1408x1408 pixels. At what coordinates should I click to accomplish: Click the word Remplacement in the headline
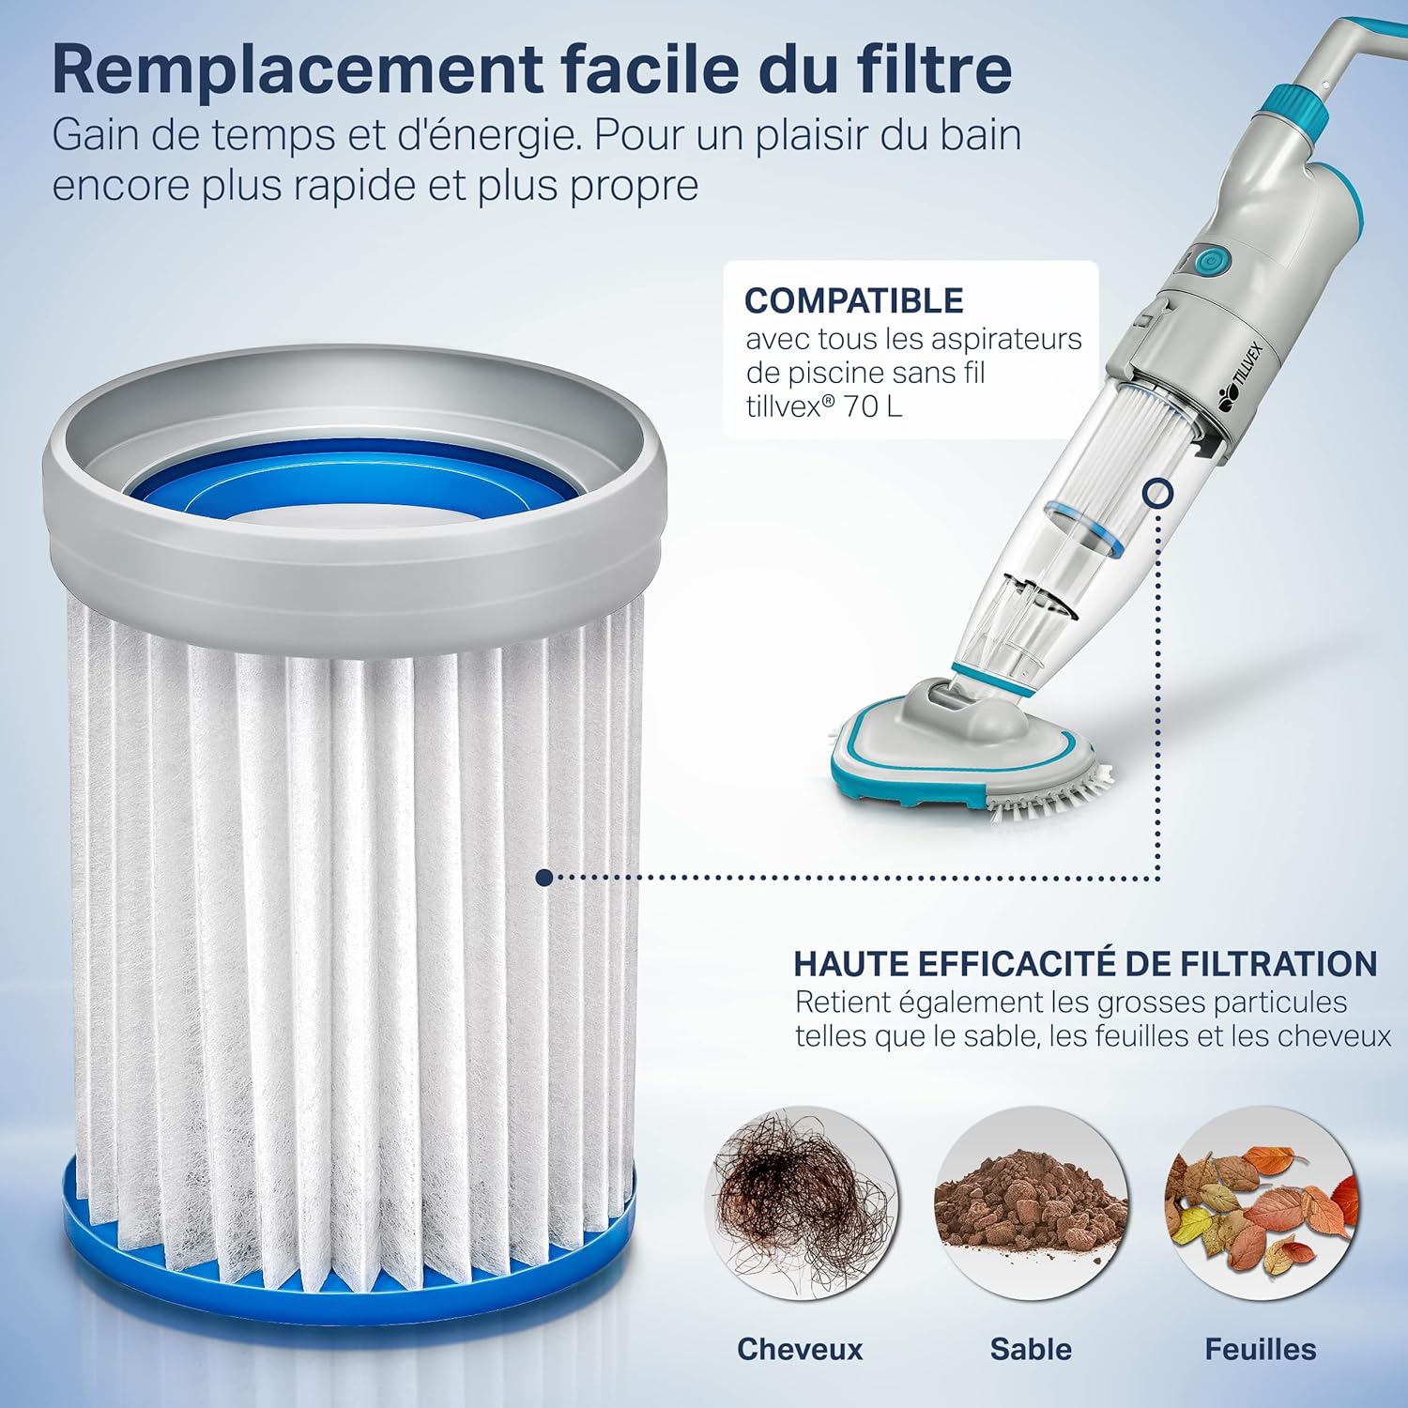[x=297, y=69]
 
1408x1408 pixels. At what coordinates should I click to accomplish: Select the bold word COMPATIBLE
[x=853, y=300]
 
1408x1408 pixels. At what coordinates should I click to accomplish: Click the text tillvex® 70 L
[x=823, y=406]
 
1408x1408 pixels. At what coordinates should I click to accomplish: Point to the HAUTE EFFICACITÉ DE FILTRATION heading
[x=1085, y=964]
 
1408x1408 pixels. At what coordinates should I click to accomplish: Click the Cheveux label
[x=799, y=1349]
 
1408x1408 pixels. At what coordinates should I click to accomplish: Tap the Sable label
[x=1031, y=1349]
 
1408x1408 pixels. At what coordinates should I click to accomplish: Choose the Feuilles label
[x=1260, y=1349]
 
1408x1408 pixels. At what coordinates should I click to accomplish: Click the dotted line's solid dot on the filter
[x=543, y=878]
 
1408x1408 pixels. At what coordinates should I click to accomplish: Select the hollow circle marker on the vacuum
[x=1158, y=492]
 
